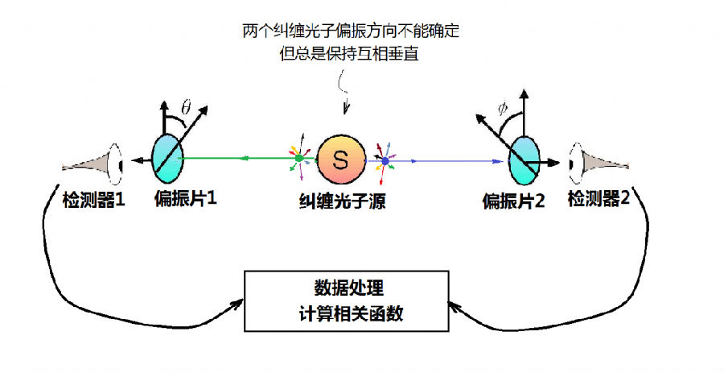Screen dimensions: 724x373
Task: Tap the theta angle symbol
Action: pos(186,108)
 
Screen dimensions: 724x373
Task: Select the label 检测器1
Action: pos(94,200)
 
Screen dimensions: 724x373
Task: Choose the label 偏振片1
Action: pos(186,199)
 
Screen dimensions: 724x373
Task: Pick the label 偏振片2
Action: pos(514,201)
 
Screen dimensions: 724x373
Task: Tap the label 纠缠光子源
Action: pos(342,201)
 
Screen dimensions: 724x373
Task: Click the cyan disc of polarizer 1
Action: pos(167,159)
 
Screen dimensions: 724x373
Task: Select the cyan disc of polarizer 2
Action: pos(524,160)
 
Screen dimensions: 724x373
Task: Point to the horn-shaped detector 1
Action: pos(93,164)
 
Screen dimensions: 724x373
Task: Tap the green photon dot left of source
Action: pos(298,159)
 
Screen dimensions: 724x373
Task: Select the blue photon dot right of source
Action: pos(385,161)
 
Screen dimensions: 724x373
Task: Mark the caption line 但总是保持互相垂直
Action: pos(349,54)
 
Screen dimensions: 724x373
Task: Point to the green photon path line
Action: pos(239,159)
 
